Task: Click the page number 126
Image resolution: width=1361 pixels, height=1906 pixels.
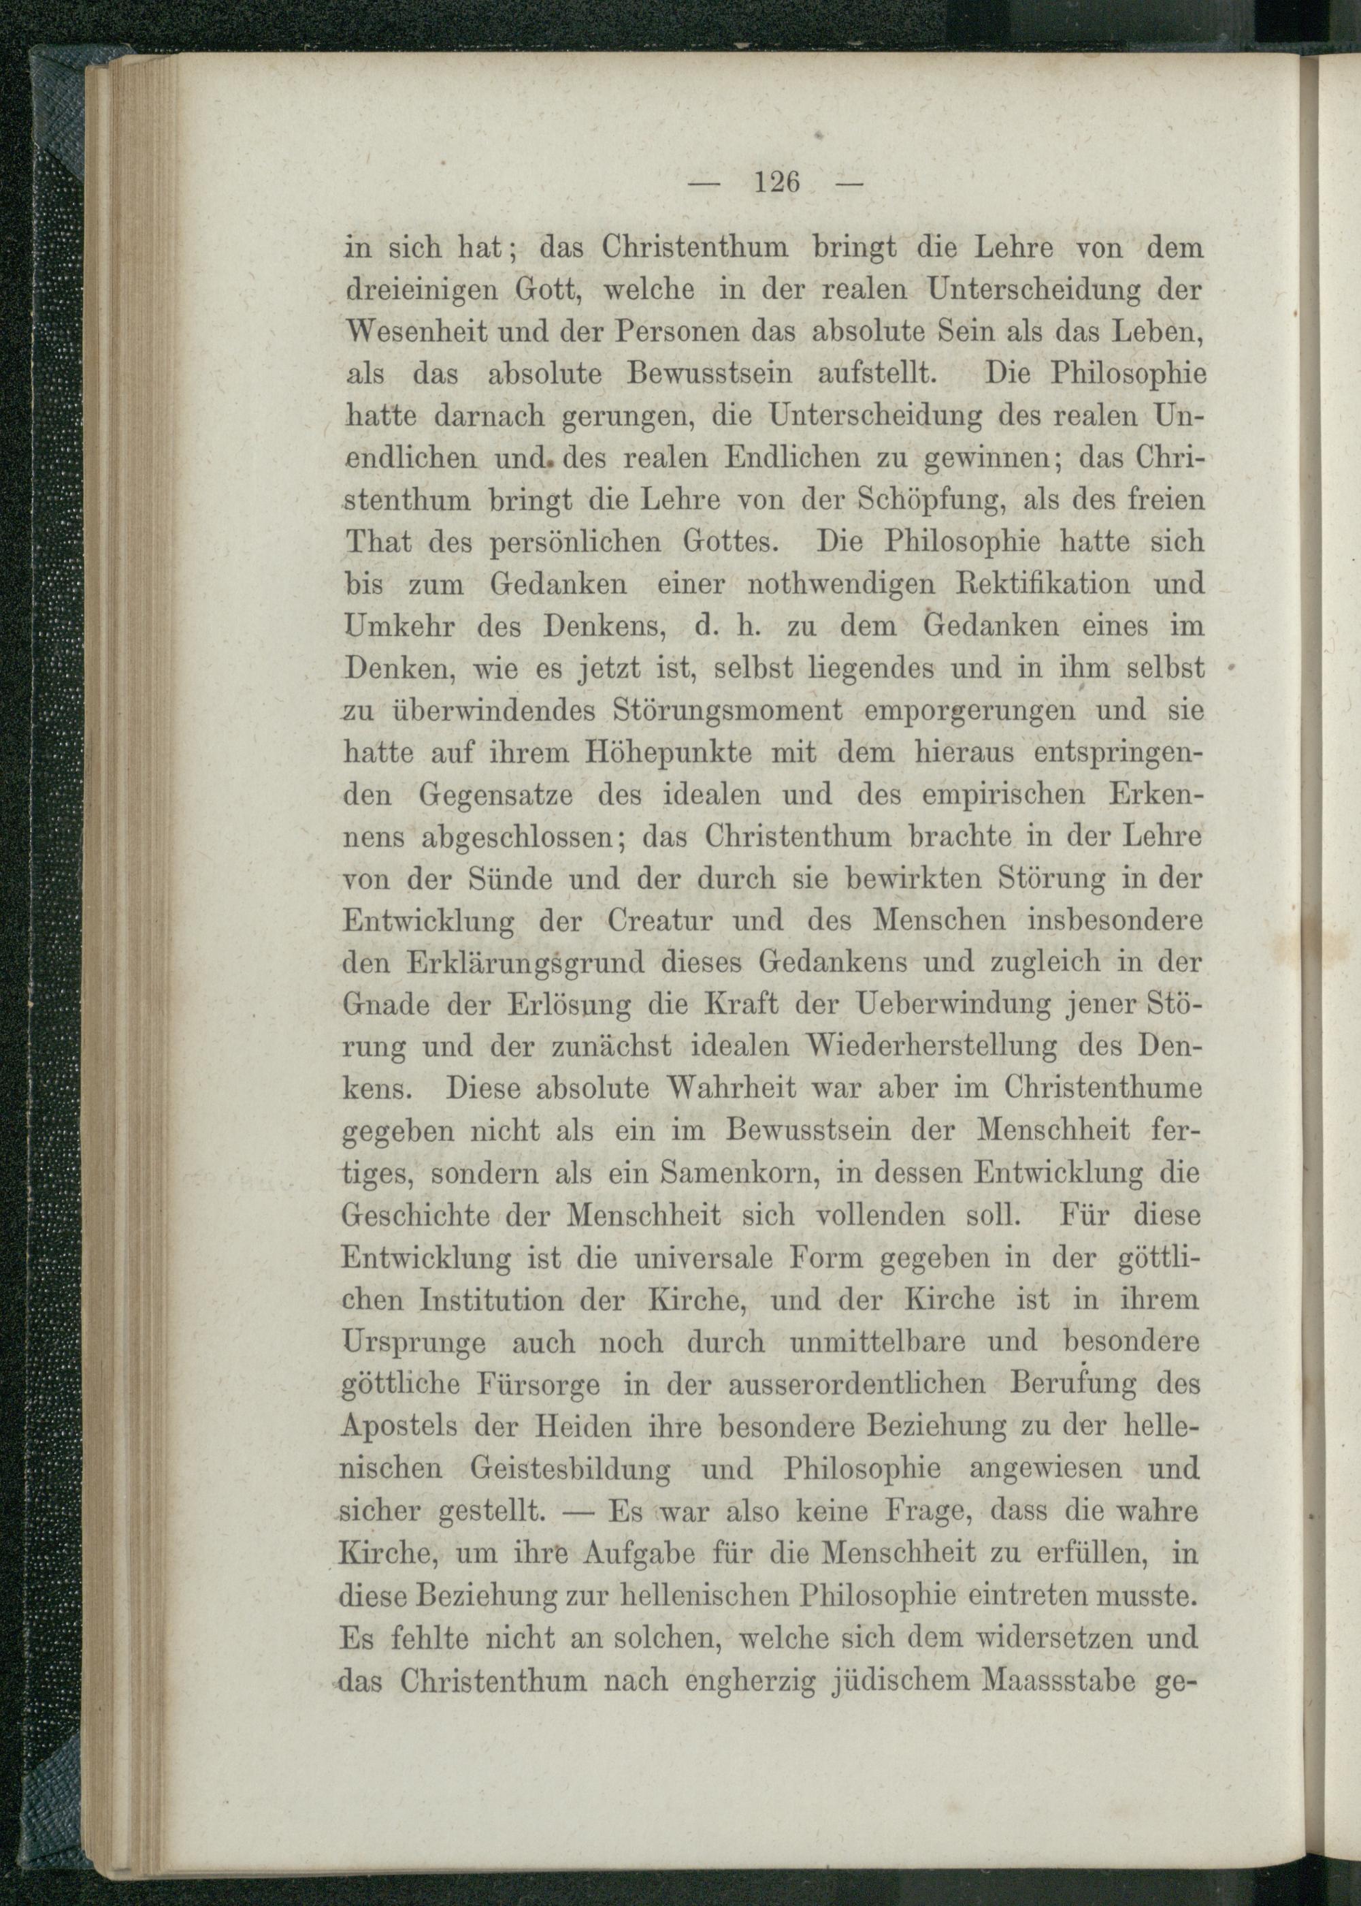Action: pos(778,181)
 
